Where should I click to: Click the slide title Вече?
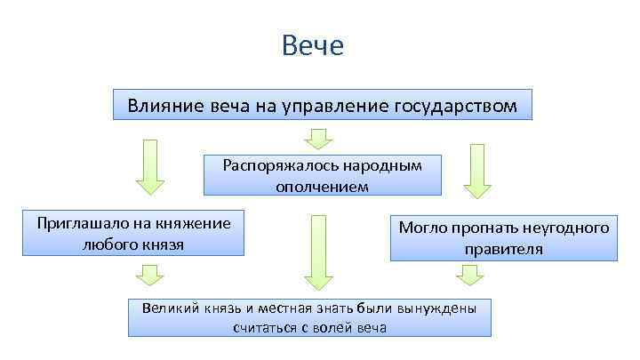click(x=312, y=45)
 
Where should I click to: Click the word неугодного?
click(x=565, y=228)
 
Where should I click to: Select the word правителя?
click(x=503, y=249)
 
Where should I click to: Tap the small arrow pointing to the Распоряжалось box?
click(x=318, y=138)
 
